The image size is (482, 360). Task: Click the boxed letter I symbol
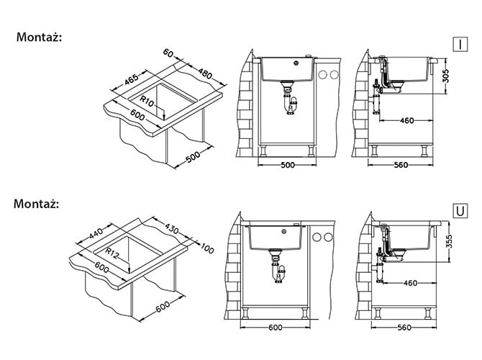(x=460, y=45)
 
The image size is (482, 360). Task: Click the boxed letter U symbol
(x=460, y=211)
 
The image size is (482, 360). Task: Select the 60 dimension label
(x=168, y=53)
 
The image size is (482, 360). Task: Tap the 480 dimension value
(x=205, y=73)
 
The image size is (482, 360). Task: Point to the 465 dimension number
(x=132, y=79)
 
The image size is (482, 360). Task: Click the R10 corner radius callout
(x=147, y=102)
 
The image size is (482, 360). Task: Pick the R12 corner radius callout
(x=112, y=253)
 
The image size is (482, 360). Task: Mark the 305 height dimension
(x=446, y=76)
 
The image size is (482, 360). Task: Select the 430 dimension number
(x=171, y=228)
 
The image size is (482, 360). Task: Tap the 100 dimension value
(x=207, y=248)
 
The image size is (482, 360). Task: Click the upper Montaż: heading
(x=39, y=37)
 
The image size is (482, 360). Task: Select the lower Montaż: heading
(x=36, y=204)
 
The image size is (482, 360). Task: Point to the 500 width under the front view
(x=288, y=165)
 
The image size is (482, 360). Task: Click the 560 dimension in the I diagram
(x=401, y=165)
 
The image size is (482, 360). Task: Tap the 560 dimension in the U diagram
(x=404, y=328)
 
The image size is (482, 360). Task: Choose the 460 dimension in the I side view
(x=406, y=121)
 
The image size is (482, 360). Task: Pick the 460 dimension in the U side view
(x=410, y=283)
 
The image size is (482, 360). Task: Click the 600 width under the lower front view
(x=275, y=328)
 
